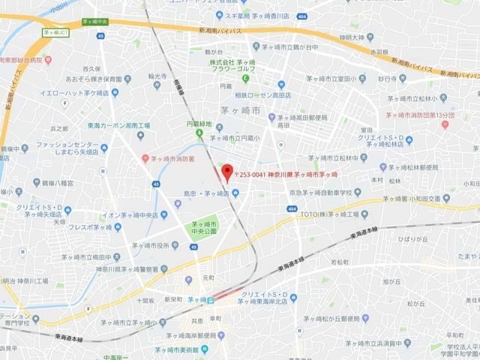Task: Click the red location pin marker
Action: coord(228,172)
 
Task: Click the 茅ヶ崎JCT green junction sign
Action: coord(56,32)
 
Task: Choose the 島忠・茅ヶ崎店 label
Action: coord(205,193)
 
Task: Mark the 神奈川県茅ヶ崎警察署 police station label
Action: coord(131,268)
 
